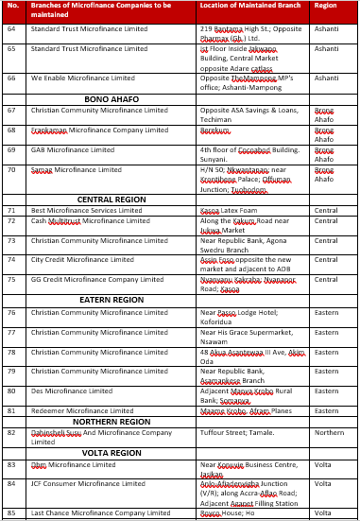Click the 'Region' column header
point(325,5)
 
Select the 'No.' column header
point(12,5)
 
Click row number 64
point(11,29)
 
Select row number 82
point(11,432)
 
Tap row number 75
point(11,279)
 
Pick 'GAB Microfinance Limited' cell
point(73,149)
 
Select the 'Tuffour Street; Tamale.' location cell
point(237,432)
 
